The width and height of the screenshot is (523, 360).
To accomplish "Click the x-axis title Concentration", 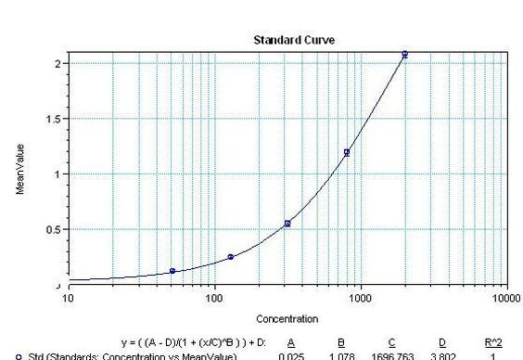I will coord(287,318).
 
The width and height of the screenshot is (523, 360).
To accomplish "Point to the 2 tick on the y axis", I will coord(58,63).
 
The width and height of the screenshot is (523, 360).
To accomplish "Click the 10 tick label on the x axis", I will coord(68,298).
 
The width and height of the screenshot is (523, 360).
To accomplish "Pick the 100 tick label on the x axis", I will coord(214,298).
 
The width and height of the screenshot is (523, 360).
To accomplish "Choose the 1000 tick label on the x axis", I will coord(360,298).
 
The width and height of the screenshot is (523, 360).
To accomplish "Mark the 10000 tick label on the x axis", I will coord(506,298).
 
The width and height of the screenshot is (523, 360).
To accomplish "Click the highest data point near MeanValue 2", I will coord(404,55).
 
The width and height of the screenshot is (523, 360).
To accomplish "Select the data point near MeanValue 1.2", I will coord(347,152).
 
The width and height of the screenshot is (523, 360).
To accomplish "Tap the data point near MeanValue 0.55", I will coord(287,224).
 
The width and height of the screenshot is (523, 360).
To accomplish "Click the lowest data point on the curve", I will coord(172,271).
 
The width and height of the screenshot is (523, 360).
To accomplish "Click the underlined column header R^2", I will coord(492,342).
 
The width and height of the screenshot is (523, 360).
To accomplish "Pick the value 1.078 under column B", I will coord(339,355).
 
